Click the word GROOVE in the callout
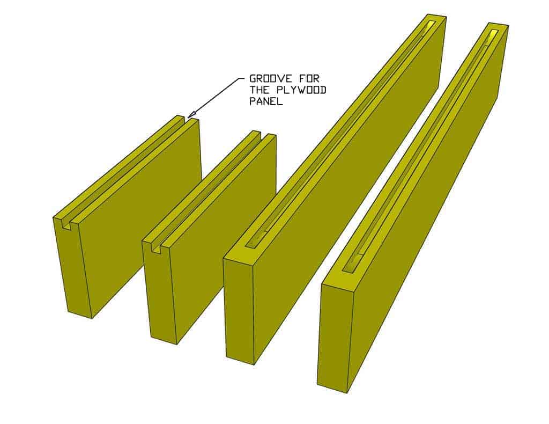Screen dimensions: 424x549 (x=267, y=79)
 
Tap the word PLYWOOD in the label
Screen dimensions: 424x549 (x=307, y=90)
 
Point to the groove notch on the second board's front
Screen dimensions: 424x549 (x=157, y=247)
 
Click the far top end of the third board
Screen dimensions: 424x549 (x=434, y=20)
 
